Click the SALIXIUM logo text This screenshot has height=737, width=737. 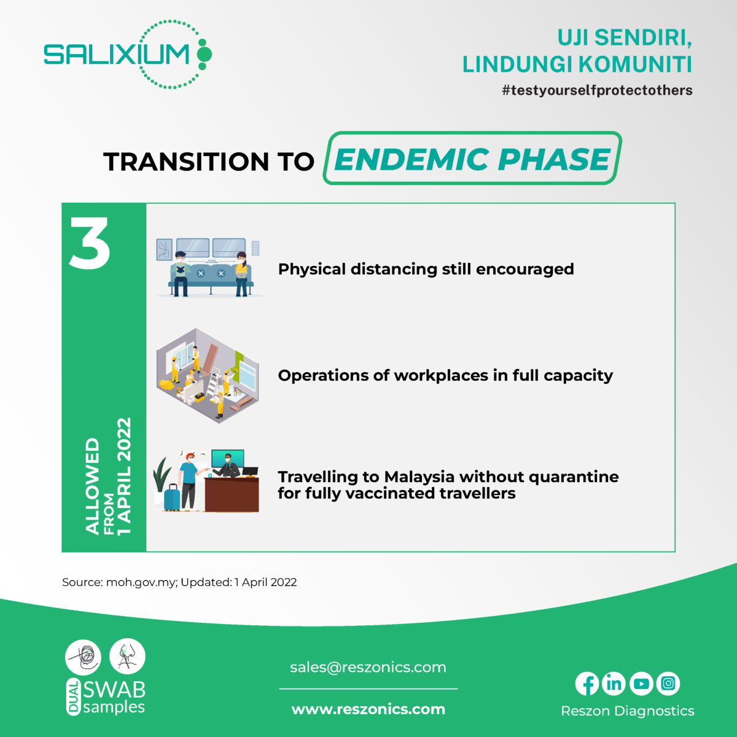click(117, 55)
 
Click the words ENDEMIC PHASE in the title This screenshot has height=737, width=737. click(472, 159)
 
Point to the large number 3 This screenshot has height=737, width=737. click(90, 244)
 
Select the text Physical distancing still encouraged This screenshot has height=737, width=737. click(426, 269)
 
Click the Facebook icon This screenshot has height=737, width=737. click(587, 684)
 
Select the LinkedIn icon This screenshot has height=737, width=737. click(614, 684)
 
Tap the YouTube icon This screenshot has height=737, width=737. click(641, 684)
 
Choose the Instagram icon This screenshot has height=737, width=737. click(668, 684)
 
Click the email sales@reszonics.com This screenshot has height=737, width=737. click(368, 668)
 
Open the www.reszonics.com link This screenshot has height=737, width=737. click(368, 709)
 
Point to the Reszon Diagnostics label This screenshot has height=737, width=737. click(627, 711)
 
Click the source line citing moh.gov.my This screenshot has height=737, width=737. click(179, 582)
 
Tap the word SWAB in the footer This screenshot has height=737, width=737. click(114, 690)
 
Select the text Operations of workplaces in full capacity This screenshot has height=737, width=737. click(445, 375)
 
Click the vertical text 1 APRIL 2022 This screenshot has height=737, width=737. click(125, 476)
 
